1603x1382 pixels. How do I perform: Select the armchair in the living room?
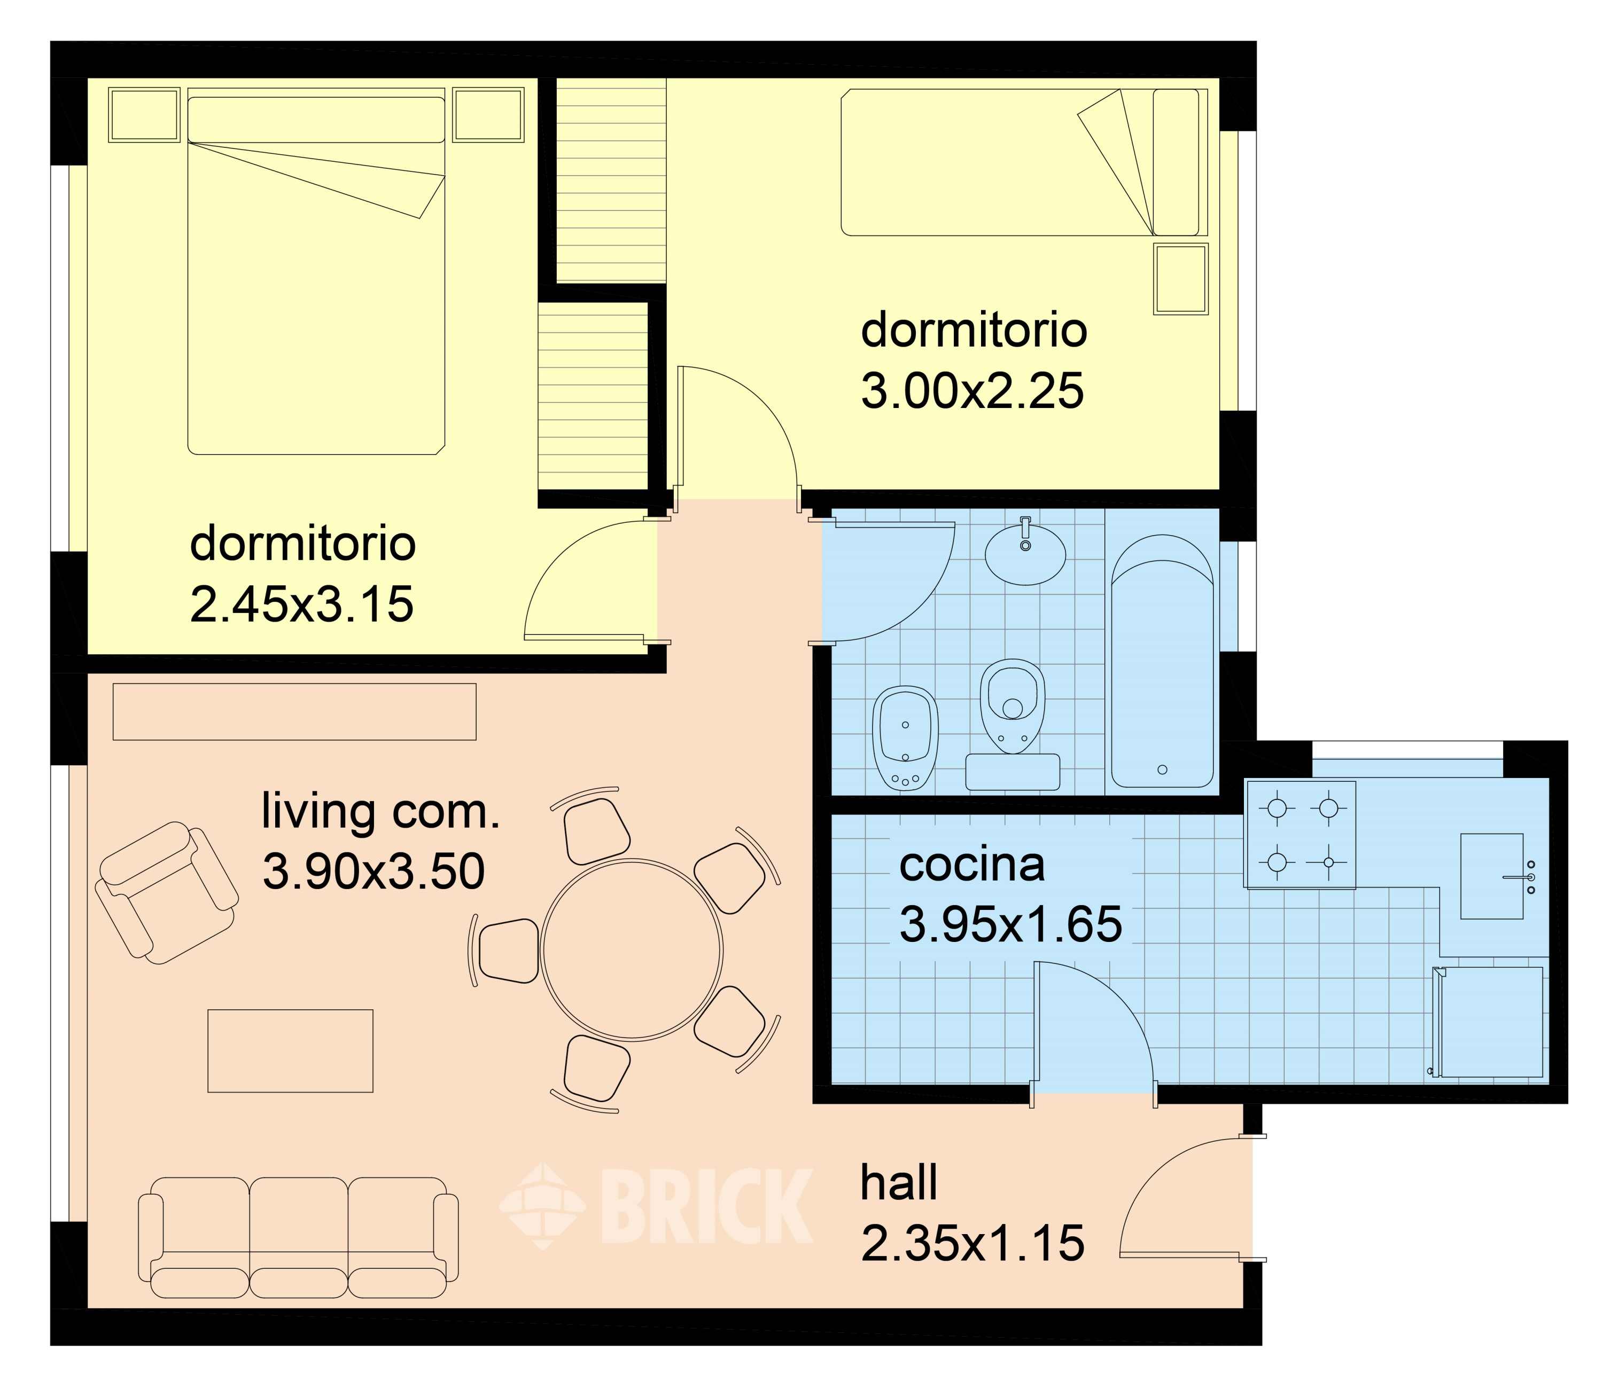pos(166,892)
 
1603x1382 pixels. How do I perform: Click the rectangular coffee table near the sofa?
pos(290,1050)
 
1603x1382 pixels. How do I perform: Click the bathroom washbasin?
pos(1025,552)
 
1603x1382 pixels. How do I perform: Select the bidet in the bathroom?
pos(905,738)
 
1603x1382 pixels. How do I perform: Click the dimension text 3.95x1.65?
pos(1010,924)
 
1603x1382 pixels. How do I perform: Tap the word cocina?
pos(972,865)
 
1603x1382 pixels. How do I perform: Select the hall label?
pos(899,1182)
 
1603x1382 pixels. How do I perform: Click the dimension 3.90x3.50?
pos(373,871)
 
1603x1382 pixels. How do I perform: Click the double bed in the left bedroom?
pos(316,271)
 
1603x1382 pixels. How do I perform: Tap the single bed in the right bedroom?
pos(1024,162)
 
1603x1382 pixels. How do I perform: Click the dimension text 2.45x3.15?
pos(302,604)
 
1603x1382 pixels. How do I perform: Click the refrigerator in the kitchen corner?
pos(1489,1022)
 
